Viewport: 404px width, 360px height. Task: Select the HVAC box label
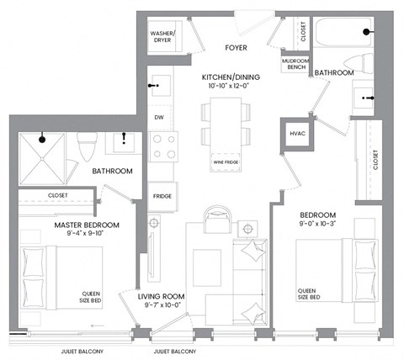(296, 134)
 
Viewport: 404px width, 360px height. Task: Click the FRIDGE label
(162, 196)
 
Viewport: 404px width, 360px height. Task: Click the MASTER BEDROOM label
(87, 225)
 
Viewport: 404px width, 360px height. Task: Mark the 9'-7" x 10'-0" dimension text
(162, 305)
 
